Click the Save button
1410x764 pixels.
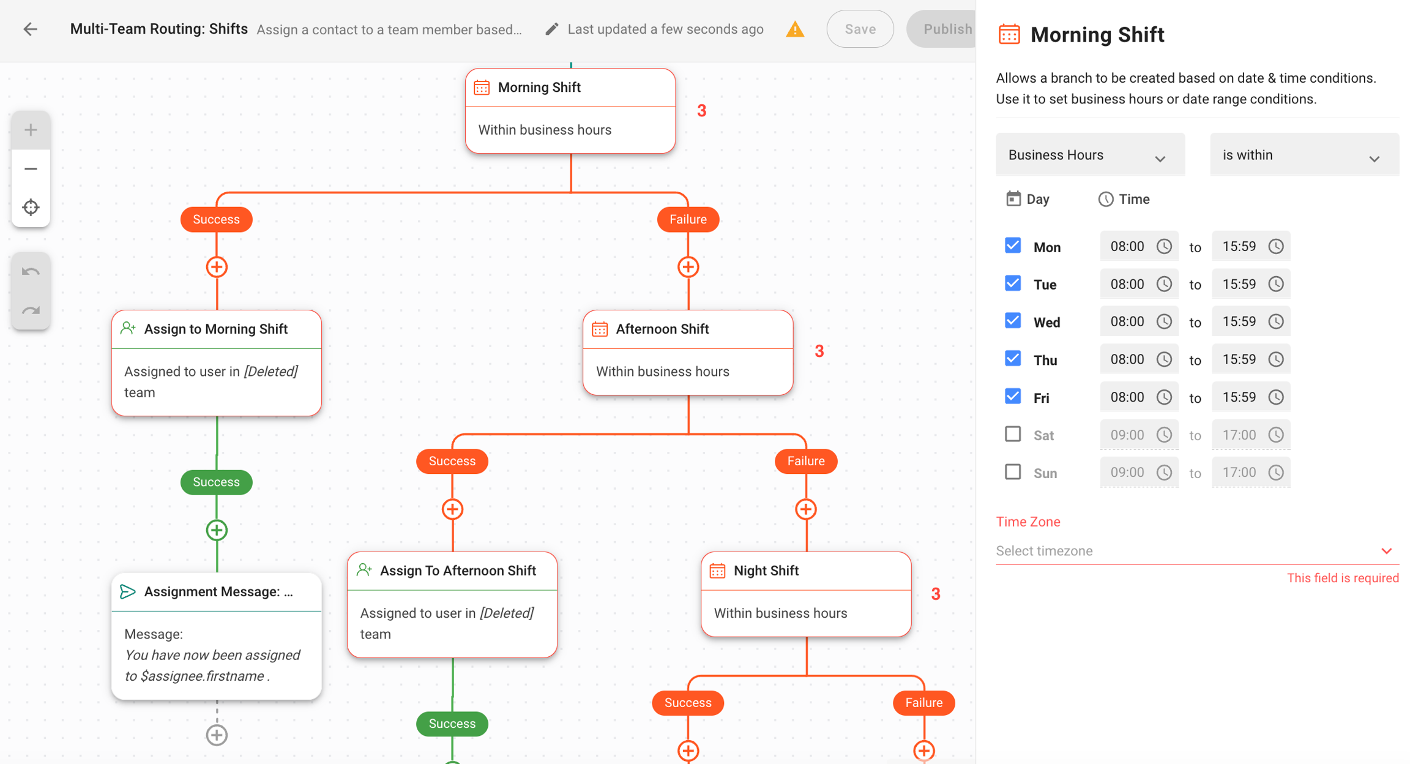click(x=859, y=29)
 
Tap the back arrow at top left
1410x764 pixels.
click(x=30, y=29)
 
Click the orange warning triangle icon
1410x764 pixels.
click(x=794, y=29)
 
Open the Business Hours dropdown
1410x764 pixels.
click(x=1089, y=155)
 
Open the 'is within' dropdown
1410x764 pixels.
click(x=1304, y=155)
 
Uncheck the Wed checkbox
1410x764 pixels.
click(x=1013, y=321)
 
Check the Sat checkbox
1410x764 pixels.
click(x=1013, y=434)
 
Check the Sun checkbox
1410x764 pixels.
click(x=1013, y=472)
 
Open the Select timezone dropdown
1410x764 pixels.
click(x=1196, y=550)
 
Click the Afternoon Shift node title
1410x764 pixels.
click(x=662, y=329)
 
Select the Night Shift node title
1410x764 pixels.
click(x=766, y=571)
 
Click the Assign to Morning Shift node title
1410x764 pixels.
click(x=215, y=329)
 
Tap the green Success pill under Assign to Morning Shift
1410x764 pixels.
click(x=216, y=482)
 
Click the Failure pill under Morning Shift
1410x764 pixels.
click(x=687, y=219)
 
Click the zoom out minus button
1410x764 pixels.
click(x=31, y=168)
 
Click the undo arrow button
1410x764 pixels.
click(x=31, y=272)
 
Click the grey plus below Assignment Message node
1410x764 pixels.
click(x=217, y=735)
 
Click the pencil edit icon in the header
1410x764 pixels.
click(x=551, y=29)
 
